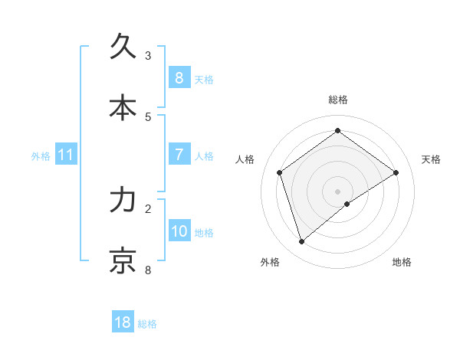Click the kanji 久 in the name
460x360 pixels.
[x=123, y=47]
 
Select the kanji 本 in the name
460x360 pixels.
[x=123, y=108]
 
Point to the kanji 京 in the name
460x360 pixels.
[x=123, y=261]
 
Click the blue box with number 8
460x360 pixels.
[x=179, y=78]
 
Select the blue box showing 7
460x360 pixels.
[x=179, y=155]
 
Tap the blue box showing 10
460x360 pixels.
[x=179, y=231]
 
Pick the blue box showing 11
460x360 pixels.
[x=66, y=155]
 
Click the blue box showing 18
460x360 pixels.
[x=123, y=322]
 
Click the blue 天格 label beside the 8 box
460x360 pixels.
[x=204, y=79]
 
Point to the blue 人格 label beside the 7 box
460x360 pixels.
[x=204, y=155]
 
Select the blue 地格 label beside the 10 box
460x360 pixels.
[x=204, y=232]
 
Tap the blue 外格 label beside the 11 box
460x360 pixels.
[x=41, y=155]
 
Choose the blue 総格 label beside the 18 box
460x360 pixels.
[x=147, y=323]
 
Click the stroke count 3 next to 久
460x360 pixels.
[x=148, y=55]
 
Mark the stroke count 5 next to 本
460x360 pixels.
[x=148, y=116]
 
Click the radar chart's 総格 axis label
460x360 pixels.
[x=337, y=100]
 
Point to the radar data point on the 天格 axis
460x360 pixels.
[x=396, y=172]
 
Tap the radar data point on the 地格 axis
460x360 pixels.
[x=347, y=204]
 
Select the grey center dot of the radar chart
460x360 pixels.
[x=337, y=191]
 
